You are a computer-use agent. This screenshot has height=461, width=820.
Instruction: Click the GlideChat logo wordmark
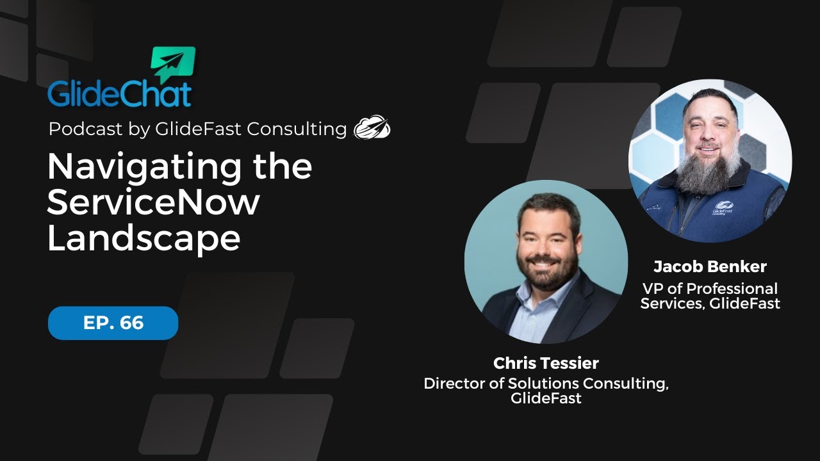coord(119,93)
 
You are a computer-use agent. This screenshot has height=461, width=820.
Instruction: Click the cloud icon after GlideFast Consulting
coord(372,128)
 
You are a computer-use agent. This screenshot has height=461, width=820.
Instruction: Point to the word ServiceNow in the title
coord(154,202)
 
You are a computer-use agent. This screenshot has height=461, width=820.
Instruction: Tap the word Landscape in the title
coord(143,238)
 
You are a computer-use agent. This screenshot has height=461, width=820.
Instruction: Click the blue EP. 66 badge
coord(113,323)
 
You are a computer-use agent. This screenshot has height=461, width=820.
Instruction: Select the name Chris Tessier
coord(546,363)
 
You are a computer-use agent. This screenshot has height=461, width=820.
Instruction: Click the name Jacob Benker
coord(710,266)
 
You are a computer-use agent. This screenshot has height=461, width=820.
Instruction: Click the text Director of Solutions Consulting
coord(546,384)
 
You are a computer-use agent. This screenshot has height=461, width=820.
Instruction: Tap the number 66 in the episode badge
coord(131,323)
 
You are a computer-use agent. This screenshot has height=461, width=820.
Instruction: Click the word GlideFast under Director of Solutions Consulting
coord(546,398)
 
